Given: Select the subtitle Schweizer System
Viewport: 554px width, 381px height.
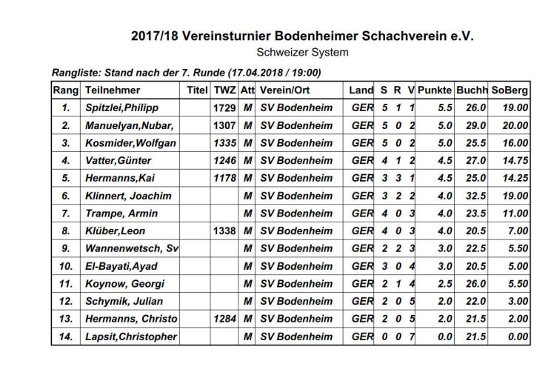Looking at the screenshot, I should (x=302, y=53).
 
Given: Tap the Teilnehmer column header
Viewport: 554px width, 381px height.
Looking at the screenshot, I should (x=113, y=90).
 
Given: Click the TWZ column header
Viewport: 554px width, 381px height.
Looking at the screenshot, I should (x=224, y=90).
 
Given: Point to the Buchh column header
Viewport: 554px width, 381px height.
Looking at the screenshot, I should (x=472, y=90).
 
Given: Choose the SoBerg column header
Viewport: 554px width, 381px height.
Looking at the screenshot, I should (x=510, y=90).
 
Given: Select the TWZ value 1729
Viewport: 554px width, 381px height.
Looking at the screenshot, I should (x=224, y=107).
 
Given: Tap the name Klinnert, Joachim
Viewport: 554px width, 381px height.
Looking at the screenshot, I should (x=128, y=196).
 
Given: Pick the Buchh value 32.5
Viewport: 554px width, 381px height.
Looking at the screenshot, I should (x=475, y=196).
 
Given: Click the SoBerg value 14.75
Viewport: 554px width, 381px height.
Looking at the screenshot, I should (x=513, y=160).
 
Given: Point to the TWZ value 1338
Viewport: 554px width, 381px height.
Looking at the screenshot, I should (x=224, y=231).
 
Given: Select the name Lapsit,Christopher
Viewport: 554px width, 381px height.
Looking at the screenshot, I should (x=131, y=337).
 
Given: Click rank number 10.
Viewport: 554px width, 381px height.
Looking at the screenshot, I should (x=66, y=266).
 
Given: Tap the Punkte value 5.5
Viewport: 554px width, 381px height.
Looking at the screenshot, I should (x=445, y=107).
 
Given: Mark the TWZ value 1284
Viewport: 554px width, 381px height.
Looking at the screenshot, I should (x=224, y=319).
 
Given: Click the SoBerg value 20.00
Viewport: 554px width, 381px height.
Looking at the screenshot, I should (x=513, y=125).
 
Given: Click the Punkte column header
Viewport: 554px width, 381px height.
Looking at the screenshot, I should (x=435, y=90).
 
